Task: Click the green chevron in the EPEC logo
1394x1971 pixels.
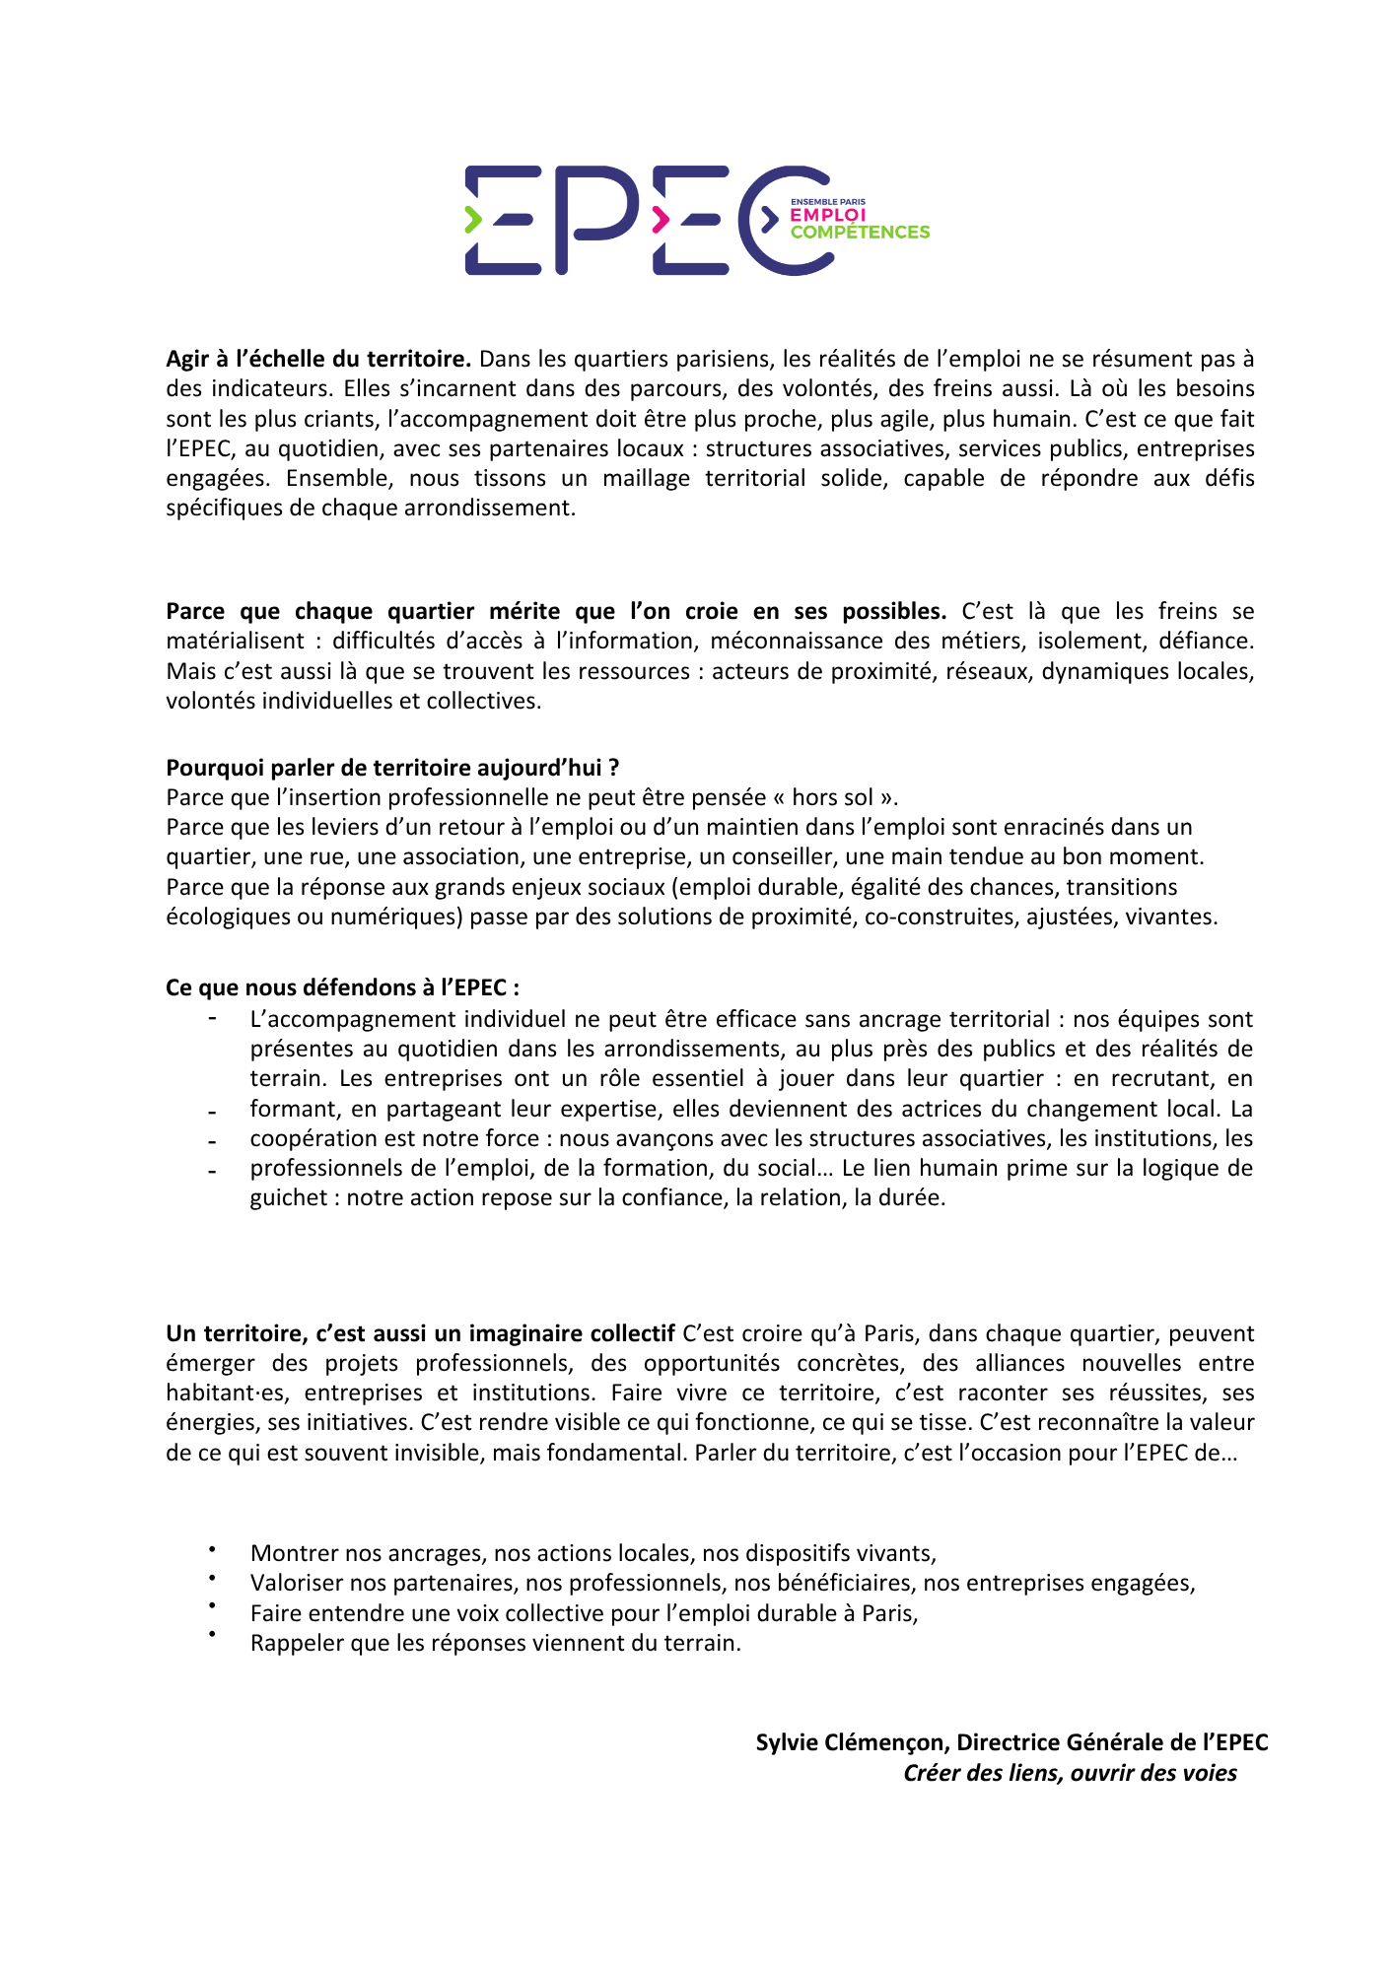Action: [473, 220]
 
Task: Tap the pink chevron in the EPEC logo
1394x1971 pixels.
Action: [661, 220]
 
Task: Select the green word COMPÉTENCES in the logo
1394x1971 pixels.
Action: [860, 233]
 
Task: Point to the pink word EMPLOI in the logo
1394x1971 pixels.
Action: [827, 215]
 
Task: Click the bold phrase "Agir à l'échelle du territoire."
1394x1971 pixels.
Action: [318, 359]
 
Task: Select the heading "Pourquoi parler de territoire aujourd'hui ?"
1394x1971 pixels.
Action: [392, 768]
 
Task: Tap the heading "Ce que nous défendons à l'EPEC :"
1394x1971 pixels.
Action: [342, 987]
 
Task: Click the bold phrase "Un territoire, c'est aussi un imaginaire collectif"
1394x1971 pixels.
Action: [420, 1333]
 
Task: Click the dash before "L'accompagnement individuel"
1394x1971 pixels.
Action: [212, 1018]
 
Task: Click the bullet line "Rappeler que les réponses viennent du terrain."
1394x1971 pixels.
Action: [495, 1643]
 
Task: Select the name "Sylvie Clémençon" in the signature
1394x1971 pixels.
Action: [851, 1742]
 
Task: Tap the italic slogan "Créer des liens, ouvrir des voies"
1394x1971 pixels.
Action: [1070, 1773]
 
